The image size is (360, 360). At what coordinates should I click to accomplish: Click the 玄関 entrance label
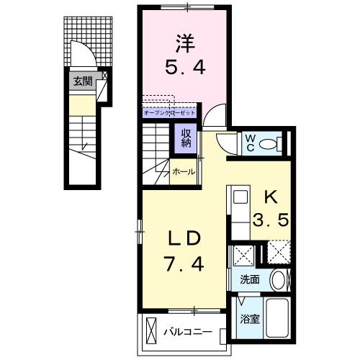83,81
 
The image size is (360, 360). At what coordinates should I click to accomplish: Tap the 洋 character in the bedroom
185,44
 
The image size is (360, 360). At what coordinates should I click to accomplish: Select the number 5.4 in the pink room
185,67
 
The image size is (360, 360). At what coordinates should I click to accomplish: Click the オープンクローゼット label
169,112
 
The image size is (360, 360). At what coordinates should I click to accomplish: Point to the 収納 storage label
186,138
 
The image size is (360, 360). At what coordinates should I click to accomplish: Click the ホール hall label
184,172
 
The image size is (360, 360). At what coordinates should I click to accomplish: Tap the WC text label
251,143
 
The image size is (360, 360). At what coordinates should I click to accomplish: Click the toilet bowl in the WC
268,144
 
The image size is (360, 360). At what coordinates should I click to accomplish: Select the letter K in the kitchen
271,197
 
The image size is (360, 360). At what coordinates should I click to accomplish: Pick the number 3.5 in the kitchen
271,220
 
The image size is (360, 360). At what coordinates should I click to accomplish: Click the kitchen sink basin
240,197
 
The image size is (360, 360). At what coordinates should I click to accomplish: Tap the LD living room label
184,238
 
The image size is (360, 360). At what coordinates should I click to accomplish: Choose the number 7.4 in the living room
184,264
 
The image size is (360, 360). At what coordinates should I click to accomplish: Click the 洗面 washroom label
250,279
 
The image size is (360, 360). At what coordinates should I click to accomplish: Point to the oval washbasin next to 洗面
278,280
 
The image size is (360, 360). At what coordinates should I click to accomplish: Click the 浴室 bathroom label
250,319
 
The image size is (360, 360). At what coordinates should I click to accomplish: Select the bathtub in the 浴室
277,318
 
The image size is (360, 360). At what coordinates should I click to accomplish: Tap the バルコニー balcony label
188,332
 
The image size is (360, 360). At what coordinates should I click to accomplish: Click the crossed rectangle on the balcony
151,331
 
